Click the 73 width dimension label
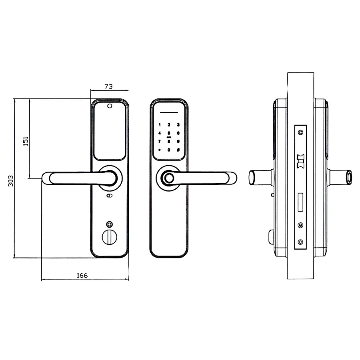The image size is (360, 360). point(108,86)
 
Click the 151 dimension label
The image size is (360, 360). point(26,141)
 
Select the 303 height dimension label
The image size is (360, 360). point(10,181)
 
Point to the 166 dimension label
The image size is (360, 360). point(82,275)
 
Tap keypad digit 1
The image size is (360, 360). point(160,125)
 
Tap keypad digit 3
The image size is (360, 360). point(178,125)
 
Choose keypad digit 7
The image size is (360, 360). point(159,142)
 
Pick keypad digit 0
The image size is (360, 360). point(169,150)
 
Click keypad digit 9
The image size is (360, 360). point(178,142)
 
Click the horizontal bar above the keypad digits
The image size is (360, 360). point(169,113)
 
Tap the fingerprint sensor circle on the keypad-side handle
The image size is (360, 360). point(169,178)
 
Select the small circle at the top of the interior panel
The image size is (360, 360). point(110,106)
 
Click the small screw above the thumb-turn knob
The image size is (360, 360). point(110,224)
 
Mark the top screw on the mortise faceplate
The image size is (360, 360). point(300,132)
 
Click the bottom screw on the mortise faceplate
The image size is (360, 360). point(300,242)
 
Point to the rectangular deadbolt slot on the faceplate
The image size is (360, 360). point(300,202)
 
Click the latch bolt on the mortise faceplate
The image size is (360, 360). point(300,161)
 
